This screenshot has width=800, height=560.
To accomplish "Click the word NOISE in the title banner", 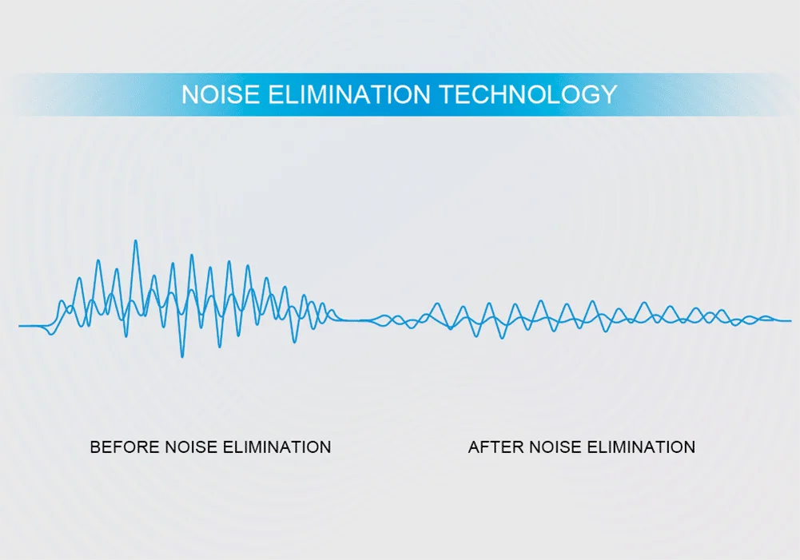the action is click(221, 94).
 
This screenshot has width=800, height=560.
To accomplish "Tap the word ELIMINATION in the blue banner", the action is click(349, 94).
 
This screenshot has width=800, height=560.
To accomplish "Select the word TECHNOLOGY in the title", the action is click(528, 94).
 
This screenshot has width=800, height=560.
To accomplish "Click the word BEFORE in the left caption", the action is click(125, 447).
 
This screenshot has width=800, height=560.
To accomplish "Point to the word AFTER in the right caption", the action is click(496, 447).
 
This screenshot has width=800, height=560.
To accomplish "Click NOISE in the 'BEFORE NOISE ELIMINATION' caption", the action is click(191, 447).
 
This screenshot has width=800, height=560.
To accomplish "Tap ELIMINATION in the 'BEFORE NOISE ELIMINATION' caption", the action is click(277, 447).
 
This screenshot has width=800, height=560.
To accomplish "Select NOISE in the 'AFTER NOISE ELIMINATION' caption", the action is click(555, 447).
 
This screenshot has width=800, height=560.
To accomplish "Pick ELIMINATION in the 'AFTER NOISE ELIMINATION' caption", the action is click(641, 447).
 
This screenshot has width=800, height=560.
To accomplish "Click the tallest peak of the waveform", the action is click(136, 240).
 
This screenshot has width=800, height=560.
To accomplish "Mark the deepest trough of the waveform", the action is click(182, 356).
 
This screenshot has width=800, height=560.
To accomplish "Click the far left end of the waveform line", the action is click(19, 325).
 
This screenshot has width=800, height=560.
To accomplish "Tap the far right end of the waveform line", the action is click(791, 321).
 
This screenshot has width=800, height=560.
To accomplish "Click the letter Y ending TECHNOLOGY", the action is click(609, 94).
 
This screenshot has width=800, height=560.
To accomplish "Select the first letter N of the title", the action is click(190, 94).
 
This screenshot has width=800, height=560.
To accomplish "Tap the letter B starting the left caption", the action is click(95, 447).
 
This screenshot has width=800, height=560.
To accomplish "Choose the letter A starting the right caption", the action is click(475, 447).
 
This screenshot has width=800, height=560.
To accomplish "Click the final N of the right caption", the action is click(690, 447).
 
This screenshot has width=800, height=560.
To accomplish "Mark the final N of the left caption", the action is click(325, 447).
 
